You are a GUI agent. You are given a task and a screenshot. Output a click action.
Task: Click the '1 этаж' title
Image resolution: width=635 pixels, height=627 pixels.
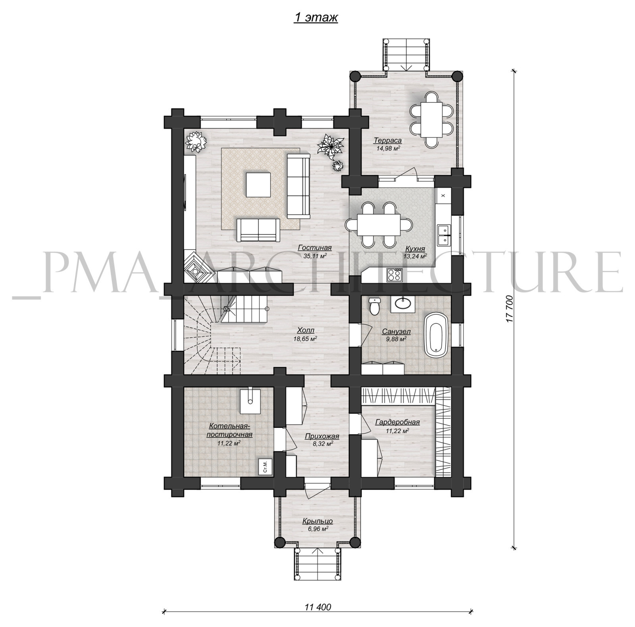[x=316, y=18]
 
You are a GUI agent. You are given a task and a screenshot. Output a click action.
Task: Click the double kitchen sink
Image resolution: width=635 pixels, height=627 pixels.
[x=443, y=234]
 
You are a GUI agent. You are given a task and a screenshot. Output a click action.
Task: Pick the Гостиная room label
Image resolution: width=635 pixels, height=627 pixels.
[x=315, y=248]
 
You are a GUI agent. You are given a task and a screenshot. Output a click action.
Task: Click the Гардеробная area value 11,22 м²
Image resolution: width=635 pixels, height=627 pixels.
[x=397, y=430]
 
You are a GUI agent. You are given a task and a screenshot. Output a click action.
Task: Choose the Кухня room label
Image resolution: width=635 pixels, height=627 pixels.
[x=415, y=249]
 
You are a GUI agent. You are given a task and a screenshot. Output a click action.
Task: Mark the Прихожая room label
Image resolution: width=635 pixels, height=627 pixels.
[x=322, y=436]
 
